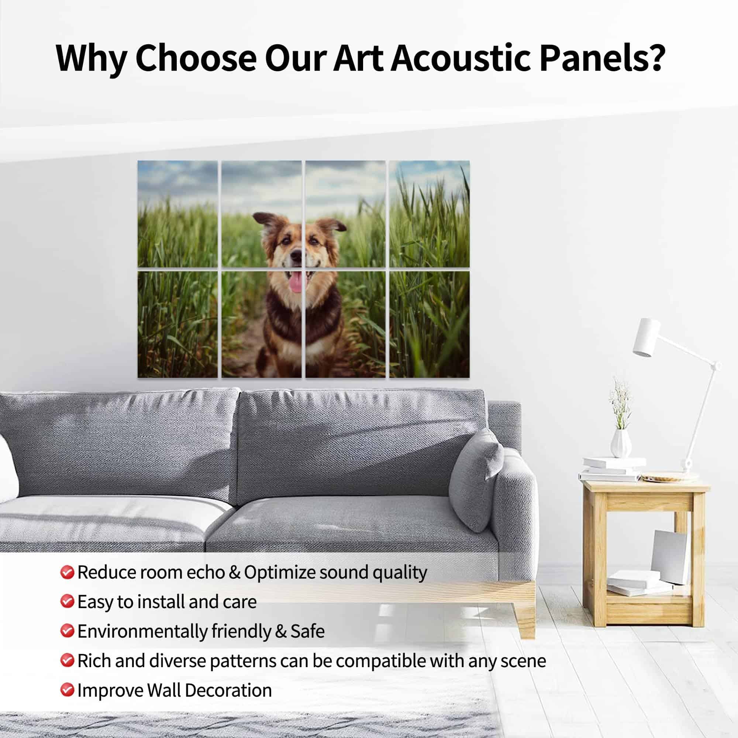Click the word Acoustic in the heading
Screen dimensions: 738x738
460,58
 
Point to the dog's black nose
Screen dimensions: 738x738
296,254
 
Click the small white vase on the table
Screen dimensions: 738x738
620,443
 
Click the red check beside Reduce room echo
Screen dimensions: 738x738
67,572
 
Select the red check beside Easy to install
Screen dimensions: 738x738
67,601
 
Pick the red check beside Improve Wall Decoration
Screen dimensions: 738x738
67,690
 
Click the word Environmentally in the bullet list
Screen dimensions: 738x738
142,631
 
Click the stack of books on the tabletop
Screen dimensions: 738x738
611,469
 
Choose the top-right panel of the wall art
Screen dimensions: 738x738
430,214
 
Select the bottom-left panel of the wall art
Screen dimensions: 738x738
177,324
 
